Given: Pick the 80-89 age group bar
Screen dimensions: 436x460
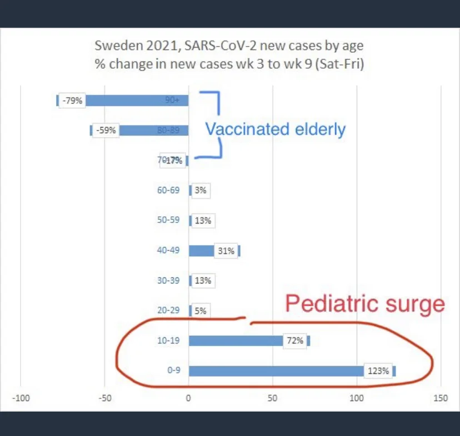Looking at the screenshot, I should pos(153,130).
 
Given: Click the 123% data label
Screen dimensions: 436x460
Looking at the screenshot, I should pos(378,371).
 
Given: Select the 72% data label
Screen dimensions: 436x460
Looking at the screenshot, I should pos(295,341).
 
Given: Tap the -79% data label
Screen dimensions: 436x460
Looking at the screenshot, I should pos(72,100).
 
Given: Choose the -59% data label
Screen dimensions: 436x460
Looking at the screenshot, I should pos(106,130).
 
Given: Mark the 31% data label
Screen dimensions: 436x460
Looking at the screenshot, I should pos(226,251).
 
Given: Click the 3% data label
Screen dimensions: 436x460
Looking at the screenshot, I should pos(201,190).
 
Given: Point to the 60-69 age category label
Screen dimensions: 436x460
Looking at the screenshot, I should pos(168,190).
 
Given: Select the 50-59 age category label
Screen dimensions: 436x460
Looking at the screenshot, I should pos(168,220).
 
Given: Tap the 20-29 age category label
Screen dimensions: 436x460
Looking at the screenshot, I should pos(168,311).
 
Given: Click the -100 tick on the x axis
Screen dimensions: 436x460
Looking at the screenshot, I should pos(21,397).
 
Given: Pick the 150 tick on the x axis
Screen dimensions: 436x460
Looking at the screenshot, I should pos(441,397).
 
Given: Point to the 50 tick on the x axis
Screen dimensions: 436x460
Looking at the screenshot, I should pos(272,397).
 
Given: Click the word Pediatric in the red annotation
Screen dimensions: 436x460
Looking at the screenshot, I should pos(322,305).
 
